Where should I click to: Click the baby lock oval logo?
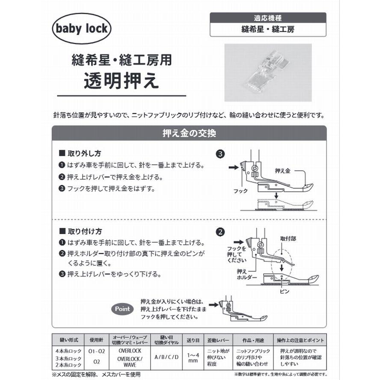(x=82, y=29)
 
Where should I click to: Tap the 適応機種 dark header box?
(x=268, y=18)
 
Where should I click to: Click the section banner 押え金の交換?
(x=189, y=133)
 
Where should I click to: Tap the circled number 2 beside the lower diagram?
(x=220, y=232)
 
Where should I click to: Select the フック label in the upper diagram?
(x=240, y=191)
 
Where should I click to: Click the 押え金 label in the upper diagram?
(x=282, y=170)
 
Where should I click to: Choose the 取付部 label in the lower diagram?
(x=288, y=238)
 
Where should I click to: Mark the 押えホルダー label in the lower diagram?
(x=246, y=274)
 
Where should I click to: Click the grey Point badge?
(x=122, y=309)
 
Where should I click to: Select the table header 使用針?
(x=96, y=341)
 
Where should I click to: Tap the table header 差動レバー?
(x=217, y=341)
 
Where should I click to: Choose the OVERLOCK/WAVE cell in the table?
(x=130, y=361)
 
